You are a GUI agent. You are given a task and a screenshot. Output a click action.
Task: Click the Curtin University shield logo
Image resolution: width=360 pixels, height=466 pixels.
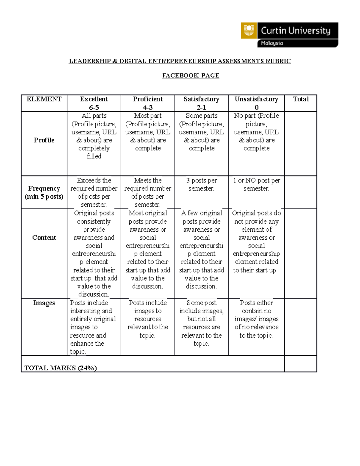point(249,30)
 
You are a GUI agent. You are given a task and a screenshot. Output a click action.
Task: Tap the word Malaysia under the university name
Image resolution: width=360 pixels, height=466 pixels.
point(272,43)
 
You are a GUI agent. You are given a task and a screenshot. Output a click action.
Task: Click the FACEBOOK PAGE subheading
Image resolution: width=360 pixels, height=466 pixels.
point(190,76)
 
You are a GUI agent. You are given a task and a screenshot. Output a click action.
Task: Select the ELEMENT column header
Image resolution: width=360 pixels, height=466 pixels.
point(44,99)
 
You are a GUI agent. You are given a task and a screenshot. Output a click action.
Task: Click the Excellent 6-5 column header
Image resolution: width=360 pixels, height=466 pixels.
point(94,103)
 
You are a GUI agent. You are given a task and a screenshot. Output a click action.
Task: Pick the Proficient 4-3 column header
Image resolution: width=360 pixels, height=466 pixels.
point(148,103)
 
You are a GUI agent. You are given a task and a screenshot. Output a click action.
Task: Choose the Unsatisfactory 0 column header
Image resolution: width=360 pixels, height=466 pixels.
point(256,103)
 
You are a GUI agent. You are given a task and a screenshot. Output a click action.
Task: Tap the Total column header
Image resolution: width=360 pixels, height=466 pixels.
point(301,99)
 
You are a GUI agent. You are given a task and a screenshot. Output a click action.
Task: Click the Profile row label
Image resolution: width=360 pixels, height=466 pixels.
point(44,140)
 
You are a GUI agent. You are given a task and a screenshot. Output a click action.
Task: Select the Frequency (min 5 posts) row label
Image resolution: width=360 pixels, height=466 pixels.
point(44,192)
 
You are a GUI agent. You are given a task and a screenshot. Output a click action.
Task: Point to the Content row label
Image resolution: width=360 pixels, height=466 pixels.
point(44,238)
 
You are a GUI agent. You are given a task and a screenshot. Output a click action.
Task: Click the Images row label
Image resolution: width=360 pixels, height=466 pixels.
point(44,303)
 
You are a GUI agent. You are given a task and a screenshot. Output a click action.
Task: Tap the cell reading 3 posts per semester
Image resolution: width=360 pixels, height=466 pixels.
point(201,185)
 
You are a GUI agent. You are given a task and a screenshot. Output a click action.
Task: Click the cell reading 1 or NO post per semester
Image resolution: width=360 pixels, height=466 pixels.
point(256,185)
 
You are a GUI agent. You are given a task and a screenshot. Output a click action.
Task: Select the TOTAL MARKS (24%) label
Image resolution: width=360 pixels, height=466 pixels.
point(60,368)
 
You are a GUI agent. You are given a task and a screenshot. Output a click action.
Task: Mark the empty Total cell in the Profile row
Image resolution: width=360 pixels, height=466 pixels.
point(301,143)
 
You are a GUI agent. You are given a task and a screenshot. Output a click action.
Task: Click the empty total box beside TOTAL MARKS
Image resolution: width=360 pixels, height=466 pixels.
point(301,364)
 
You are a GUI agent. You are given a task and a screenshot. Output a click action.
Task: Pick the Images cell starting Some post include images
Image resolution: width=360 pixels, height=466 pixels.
point(201,323)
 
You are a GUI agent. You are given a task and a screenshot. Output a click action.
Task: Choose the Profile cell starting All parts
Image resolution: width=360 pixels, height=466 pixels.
point(94,136)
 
